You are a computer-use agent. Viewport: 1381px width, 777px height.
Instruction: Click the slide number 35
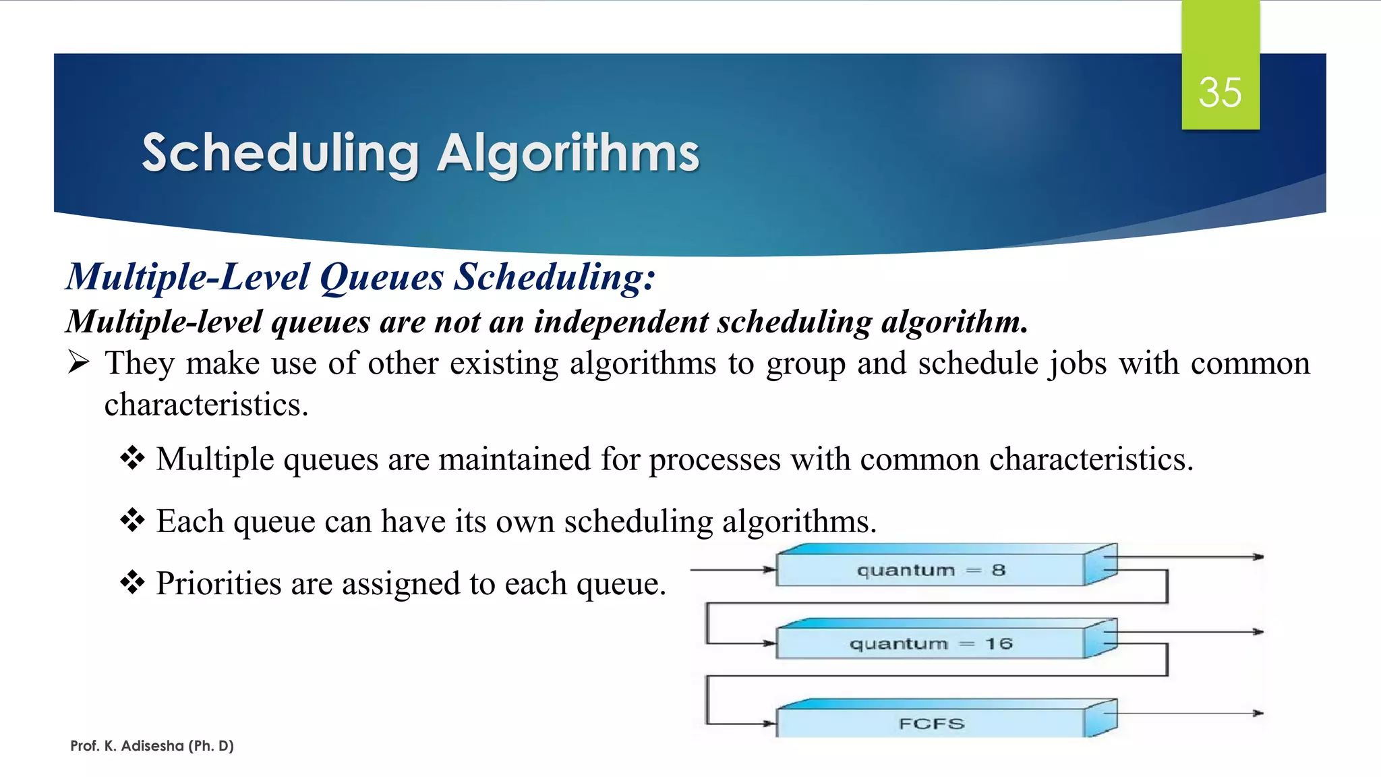[x=1220, y=92]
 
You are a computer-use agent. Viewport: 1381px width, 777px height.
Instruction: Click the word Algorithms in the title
[x=568, y=154]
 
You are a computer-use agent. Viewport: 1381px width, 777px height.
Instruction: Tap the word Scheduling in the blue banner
[x=281, y=154]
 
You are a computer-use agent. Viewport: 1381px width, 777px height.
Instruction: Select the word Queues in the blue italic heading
[x=382, y=277]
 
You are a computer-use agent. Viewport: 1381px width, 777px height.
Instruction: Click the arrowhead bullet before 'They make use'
[x=79, y=363]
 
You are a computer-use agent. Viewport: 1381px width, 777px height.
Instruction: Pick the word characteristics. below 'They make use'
[x=206, y=405]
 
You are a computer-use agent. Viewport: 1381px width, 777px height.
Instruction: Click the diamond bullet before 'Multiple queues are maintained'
[x=132, y=459]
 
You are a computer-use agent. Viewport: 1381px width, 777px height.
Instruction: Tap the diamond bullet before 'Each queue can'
[x=132, y=521]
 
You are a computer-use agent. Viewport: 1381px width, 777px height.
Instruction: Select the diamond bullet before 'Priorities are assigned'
[x=132, y=583]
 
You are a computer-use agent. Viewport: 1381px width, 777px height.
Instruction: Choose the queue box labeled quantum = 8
[x=931, y=571]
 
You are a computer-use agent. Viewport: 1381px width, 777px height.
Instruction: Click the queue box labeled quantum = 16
[x=931, y=644]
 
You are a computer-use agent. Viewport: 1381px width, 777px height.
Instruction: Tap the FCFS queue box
[x=931, y=724]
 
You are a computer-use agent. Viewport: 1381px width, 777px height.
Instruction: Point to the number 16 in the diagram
[x=999, y=644]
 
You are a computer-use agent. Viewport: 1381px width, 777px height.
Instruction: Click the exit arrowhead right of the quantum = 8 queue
[x=1258, y=557]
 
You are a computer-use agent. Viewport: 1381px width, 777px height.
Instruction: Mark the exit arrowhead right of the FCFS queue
[x=1258, y=713]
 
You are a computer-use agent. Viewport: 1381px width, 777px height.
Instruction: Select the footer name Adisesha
[x=152, y=746]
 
